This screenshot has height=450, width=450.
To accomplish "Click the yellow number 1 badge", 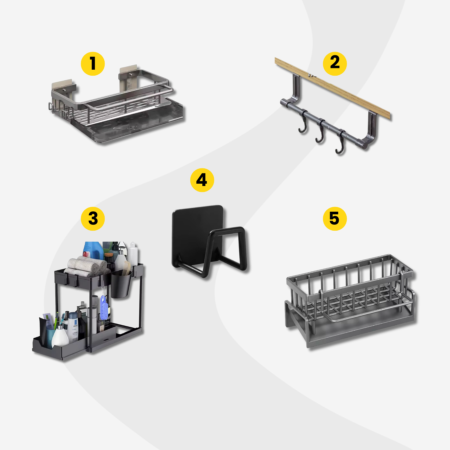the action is (93, 64).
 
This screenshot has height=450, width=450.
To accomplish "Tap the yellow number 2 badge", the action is (335, 64).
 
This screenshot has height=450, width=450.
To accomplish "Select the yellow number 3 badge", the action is (93, 219).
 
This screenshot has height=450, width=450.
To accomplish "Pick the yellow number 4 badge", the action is (202, 180).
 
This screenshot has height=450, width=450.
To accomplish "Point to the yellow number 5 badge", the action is (335, 219).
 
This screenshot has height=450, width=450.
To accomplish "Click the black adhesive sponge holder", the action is (209, 241).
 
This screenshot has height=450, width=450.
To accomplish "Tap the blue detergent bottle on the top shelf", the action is (93, 251).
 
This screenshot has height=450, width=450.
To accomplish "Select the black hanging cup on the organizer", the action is (121, 284).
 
